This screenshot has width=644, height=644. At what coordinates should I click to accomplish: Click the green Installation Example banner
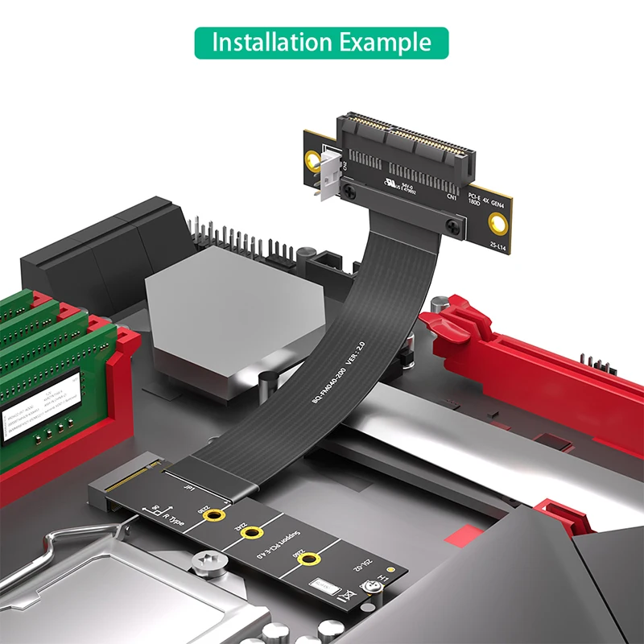pos(321,42)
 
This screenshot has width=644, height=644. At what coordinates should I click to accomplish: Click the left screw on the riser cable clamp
pos(349,190)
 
